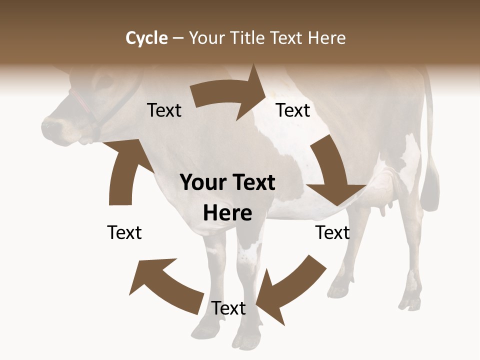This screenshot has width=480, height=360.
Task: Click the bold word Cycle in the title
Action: pos(146,38)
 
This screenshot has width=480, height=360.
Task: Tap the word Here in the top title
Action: pos(326,38)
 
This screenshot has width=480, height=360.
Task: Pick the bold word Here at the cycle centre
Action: pos(227,213)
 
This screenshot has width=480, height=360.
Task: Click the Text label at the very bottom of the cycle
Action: pos(228,308)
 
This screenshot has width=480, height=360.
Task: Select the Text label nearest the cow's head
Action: pos(164,110)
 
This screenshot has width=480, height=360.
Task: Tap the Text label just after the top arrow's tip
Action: pos(293,110)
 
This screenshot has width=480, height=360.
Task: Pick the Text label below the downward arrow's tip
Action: pos(332,232)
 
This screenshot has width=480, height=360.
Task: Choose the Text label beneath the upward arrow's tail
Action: pos(124,232)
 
